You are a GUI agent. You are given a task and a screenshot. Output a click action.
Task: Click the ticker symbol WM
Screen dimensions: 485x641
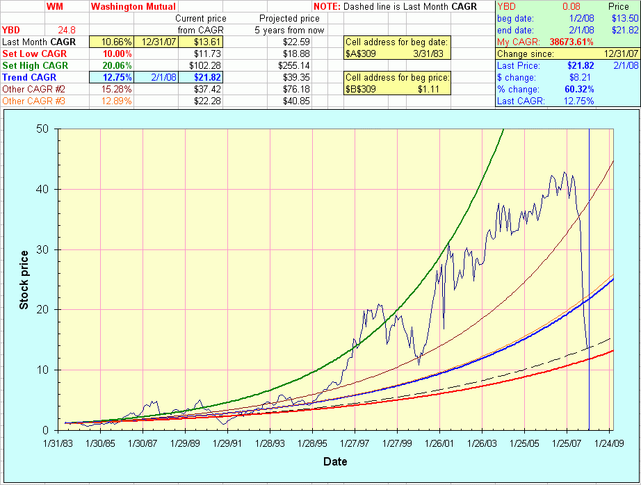click(x=54, y=6)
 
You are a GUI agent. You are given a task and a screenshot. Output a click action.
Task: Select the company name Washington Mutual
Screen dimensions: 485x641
click(x=133, y=6)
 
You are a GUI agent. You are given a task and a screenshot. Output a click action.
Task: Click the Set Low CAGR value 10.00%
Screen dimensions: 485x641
click(x=117, y=54)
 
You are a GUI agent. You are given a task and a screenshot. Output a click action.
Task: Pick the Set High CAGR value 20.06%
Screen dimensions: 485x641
click(x=117, y=65)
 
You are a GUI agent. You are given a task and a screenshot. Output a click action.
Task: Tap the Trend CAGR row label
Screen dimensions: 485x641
click(x=29, y=77)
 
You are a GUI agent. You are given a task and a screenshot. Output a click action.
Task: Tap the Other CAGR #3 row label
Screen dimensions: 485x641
click(x=33, y=101)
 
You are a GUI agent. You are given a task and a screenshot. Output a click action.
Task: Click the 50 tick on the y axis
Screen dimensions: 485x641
click(x=44, y=129)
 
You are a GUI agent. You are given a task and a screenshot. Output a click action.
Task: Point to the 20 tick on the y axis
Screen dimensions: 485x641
click(x=44, y=310)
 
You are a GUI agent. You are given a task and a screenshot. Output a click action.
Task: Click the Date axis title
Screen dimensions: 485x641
click(x=334, y=461)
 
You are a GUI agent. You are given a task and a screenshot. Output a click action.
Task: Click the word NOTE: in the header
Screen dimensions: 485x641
click(x=326, y=6)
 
